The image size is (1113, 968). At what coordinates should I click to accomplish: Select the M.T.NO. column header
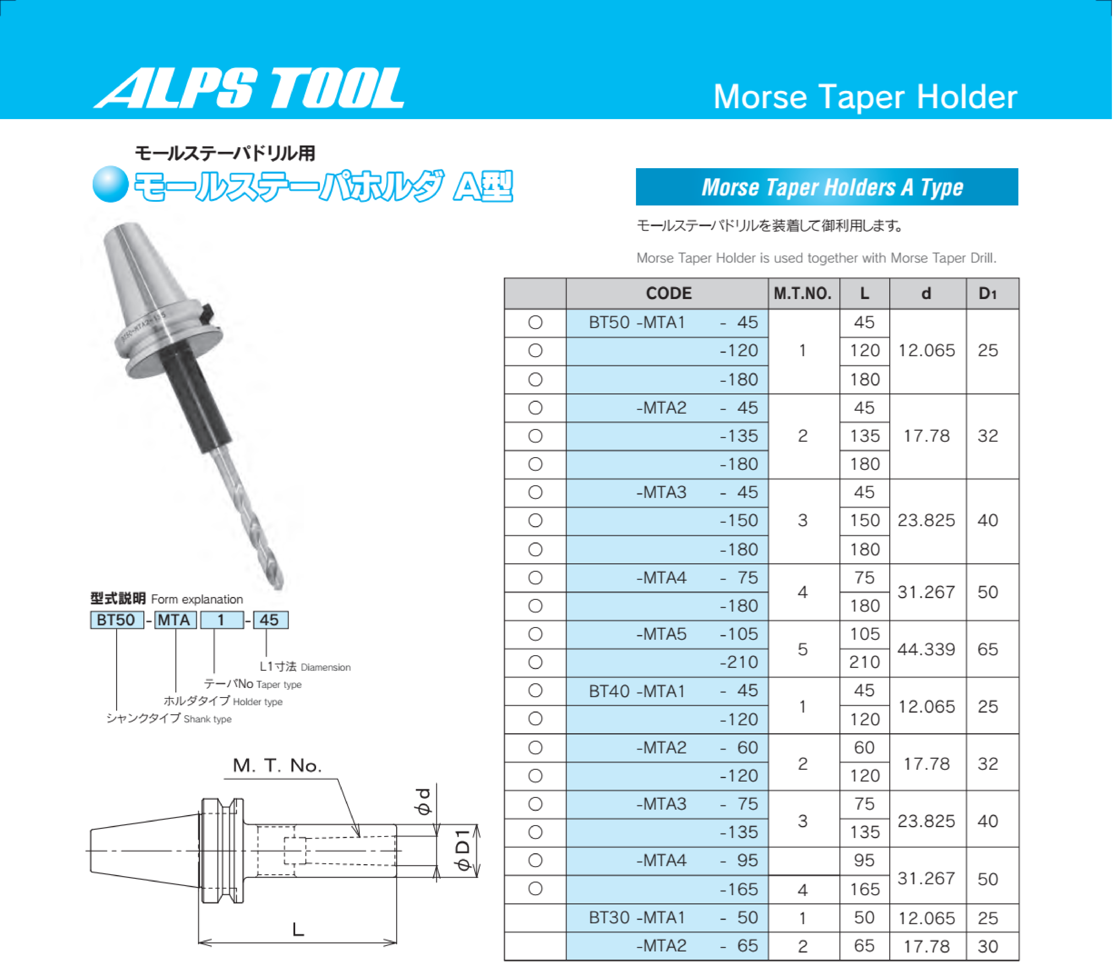pos(803,293)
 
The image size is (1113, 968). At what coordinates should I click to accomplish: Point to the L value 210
pos(864,662)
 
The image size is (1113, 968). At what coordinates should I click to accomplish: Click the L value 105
pos(864,634)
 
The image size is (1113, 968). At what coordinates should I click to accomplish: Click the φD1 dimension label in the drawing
pos(463,850)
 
